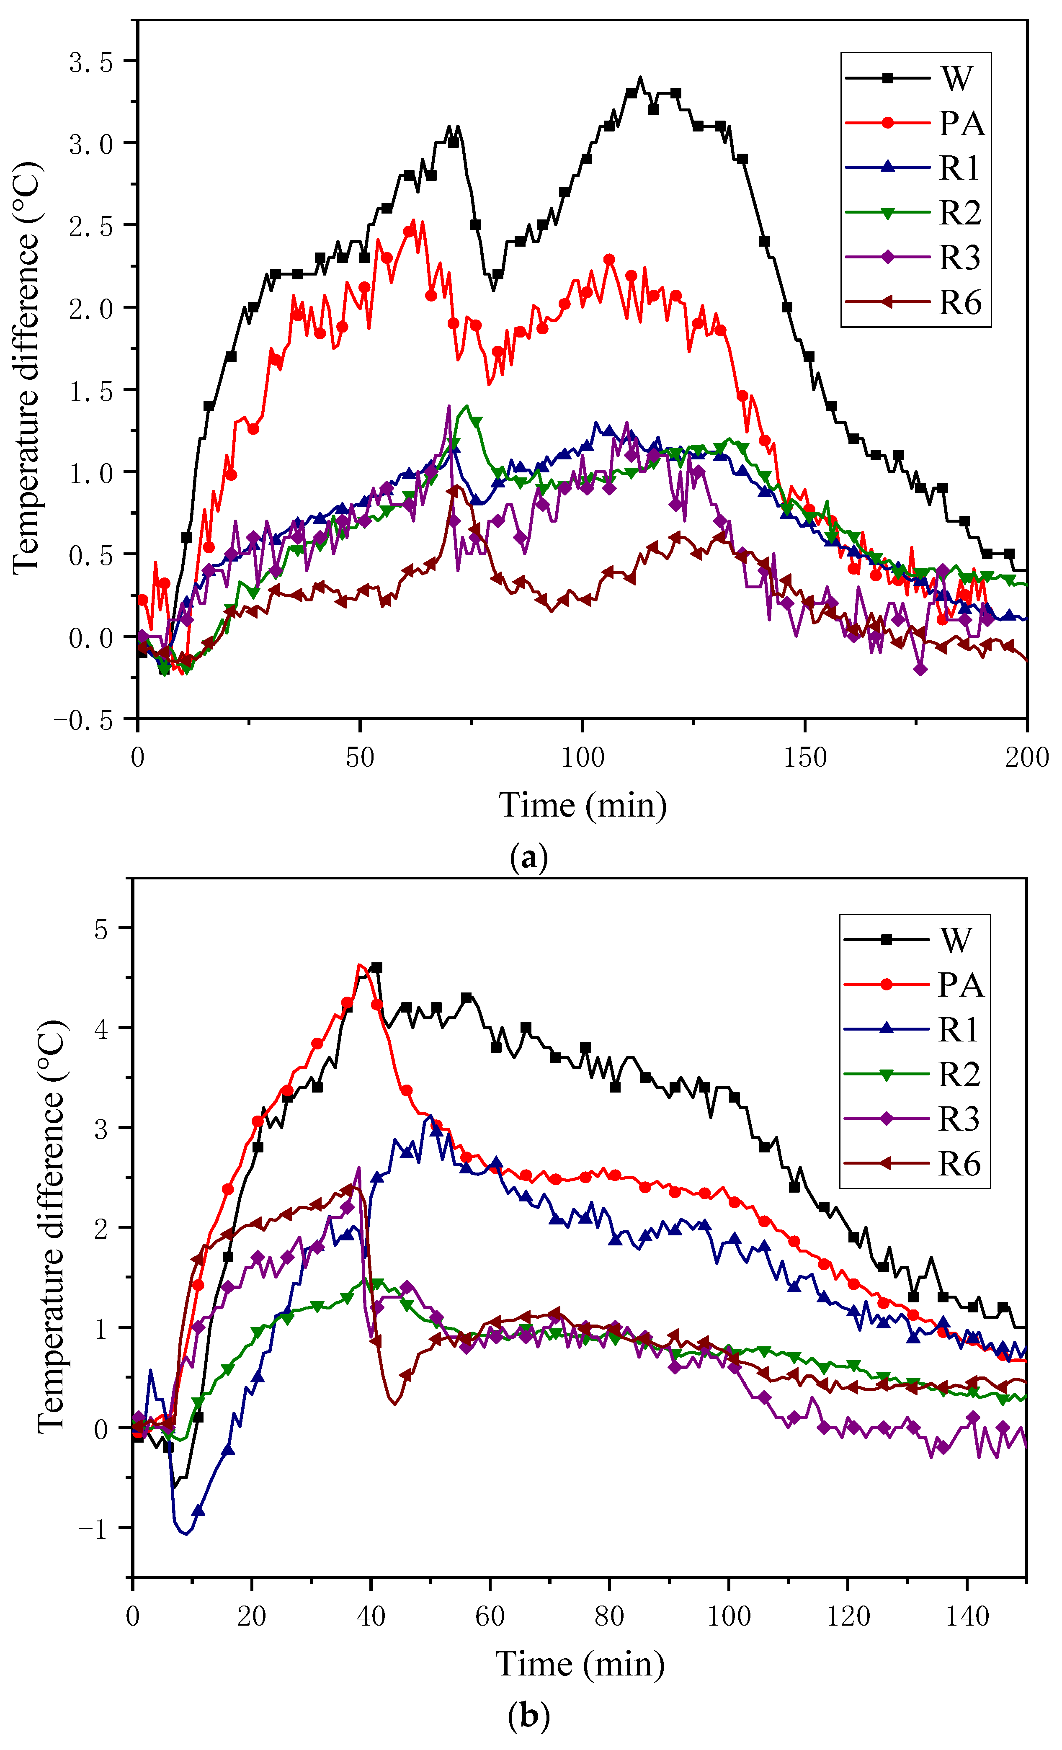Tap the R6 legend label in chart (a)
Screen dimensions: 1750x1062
(x=960, y=303)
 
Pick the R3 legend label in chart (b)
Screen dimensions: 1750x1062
(x=959, y=1119)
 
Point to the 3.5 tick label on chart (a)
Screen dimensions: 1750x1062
(x=91, y=62)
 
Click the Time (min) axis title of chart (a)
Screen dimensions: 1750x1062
(x=583, y=805)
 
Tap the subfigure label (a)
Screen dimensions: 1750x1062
(x=529, y=858)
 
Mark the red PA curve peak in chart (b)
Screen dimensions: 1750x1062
(x=360, y=964)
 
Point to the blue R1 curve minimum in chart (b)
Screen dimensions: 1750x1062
(x=186, y=1534)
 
